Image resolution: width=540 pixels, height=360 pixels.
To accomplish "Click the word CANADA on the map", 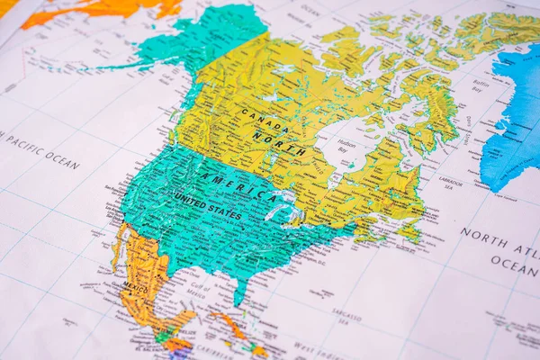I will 265,121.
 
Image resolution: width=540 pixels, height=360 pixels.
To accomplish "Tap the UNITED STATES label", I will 208,206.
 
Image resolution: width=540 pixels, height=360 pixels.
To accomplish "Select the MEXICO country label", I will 135,288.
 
